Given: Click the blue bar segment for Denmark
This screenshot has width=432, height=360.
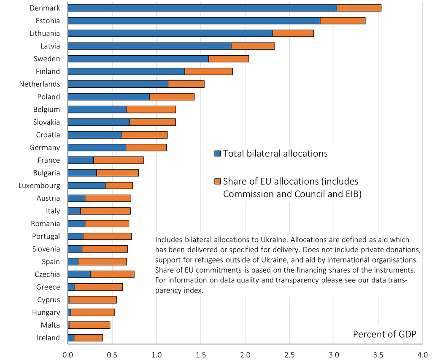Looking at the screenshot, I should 202,8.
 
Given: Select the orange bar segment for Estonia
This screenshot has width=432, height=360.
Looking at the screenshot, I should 343,21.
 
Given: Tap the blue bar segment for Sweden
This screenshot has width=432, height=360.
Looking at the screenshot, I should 138,59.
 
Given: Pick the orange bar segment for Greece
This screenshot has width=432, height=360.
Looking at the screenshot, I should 99,287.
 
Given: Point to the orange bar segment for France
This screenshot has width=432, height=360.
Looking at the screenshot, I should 119,160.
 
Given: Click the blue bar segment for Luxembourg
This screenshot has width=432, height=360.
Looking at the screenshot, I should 86,185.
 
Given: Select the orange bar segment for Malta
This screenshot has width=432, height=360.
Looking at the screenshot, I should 89,325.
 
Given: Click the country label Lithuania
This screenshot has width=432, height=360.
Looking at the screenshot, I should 45,33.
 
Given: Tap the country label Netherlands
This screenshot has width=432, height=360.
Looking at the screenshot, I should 40,84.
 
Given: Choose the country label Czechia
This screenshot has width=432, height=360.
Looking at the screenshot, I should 47,274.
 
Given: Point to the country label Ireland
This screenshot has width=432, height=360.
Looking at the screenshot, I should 49,338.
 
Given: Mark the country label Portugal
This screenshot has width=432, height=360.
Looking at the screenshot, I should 46,236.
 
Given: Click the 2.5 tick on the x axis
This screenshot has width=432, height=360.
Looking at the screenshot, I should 289,354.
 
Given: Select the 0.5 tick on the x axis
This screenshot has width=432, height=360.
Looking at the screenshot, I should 112,354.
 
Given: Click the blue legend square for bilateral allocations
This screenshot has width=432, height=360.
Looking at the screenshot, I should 217,154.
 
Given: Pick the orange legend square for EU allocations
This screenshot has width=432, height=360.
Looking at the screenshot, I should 217,182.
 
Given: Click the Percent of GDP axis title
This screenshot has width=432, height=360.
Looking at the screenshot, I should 384,334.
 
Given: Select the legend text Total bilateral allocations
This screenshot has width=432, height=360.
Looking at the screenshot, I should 275,153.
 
